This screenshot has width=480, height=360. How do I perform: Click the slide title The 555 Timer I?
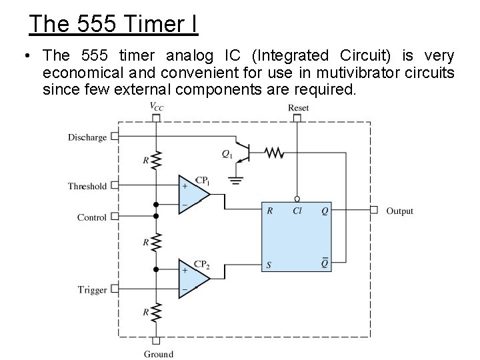coord(113,25)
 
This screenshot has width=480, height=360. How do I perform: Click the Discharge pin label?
coord(87,137)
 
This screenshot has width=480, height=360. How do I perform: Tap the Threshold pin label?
coord(87,186)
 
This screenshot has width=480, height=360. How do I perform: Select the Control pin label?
coord(91,217)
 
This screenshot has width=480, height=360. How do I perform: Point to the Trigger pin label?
coord(92,289)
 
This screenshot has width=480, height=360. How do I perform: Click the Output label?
coord(399,211)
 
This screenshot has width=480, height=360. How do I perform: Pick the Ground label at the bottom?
coord(158,354)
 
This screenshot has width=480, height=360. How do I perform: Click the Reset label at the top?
coord(298,108)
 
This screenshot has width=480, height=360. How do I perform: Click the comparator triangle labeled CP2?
coord(192,278)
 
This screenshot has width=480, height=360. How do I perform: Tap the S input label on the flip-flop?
coord(270,265)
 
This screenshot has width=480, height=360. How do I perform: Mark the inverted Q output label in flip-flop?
coord(325,265)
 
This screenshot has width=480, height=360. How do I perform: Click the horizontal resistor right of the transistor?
coord(274,153)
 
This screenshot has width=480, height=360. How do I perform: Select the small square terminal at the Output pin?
coord(374,211)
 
